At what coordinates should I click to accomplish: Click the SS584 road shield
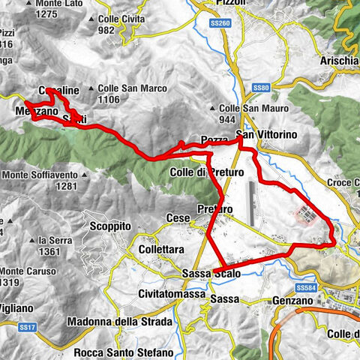click(304, 287)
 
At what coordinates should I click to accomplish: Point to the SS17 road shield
click(29, 327)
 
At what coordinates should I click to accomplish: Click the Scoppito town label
click(108, 226)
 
